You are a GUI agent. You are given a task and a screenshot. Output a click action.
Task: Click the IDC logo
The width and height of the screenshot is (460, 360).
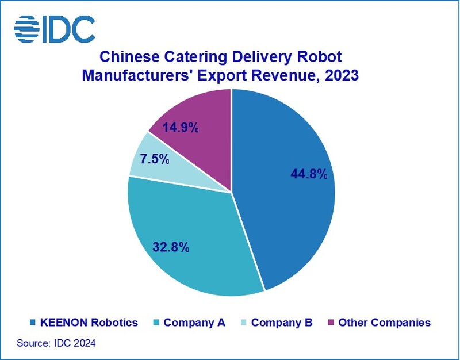(x=54, y=28)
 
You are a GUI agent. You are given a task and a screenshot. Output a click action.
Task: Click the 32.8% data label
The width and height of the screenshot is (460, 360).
(x=171, y=247)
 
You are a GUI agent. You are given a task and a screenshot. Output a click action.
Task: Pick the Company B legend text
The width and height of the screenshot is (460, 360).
(x=282, y=323)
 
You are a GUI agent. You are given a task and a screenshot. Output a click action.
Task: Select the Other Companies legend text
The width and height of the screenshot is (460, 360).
(x=384, y=323)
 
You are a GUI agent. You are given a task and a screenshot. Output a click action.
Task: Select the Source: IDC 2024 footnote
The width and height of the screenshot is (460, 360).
(x=56, y=343)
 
